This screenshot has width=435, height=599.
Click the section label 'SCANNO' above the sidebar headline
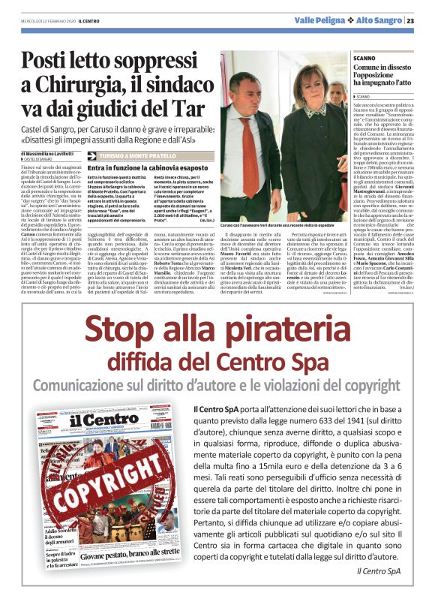[364, 58]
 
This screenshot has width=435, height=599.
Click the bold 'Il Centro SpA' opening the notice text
[217, 408]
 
